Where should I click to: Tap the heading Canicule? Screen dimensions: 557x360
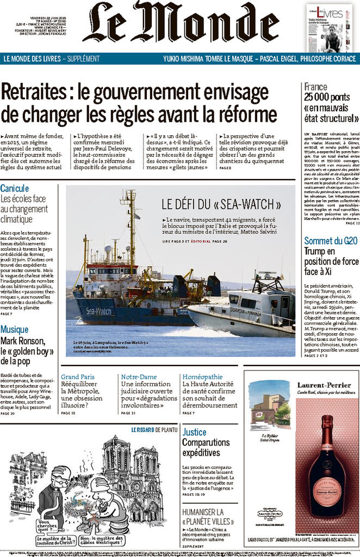pyautogui.click(x=15, y=189)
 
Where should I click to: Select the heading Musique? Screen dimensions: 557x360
pyautogui.click(x=15, y=329)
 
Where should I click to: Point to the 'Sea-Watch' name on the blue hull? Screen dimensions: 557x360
pyautogui.click(x=98, y=311)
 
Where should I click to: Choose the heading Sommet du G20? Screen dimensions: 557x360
pyautogui.click(x=331, y=240)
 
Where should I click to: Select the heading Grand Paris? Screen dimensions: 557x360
pyautogui.click(x=78, y=376)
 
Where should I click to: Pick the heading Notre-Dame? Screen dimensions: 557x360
pyautogui.click(x=139, y=376)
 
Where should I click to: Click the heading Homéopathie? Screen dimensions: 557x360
pyautogui.click(x=202, y=376)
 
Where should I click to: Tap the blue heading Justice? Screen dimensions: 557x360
pyautogui.click(x=194, y=432)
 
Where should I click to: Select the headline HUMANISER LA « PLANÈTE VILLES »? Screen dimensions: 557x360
pyautogui.click(x=203, y=517)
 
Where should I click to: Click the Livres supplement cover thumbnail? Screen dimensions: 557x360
pyautogui.click(x=329, y=28)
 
